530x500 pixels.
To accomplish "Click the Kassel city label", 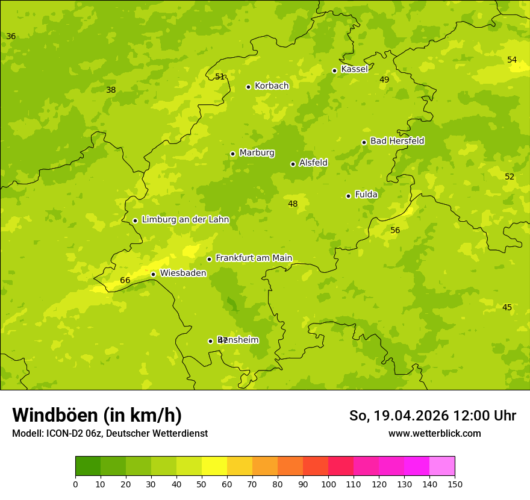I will (x=354, y=69).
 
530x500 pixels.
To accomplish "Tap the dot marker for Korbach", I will (x=248, y=87).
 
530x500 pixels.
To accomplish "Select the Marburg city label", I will (x=257, y=153).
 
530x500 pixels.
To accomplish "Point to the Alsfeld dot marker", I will (x=293, y=164).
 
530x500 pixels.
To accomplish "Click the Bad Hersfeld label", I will (x=397, y=141).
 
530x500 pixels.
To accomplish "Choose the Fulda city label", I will (x=366, y=195).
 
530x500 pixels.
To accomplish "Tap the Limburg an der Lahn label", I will (x=185, y=220).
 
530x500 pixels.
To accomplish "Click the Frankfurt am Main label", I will (x=254, y=258).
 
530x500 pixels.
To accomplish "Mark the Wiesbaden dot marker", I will (x=153, y=274).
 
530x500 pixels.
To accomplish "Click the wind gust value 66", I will (x=125, y=280).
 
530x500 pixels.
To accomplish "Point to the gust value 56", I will (x=395, y=230).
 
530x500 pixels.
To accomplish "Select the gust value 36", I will (x=11, y=36).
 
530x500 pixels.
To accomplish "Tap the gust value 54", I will (x=512, y=60).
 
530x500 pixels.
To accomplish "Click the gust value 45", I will (x=507, y=307).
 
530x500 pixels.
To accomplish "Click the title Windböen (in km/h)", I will (x=97, y=415).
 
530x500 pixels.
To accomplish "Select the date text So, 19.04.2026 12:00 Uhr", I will (x=432, y=416).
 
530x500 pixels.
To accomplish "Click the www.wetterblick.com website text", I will (x=434, y=434).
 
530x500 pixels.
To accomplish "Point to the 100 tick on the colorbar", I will (x=328, y=484).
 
